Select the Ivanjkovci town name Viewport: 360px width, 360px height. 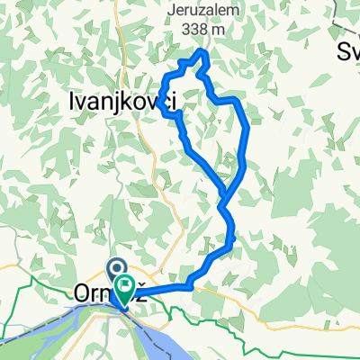[121, 101]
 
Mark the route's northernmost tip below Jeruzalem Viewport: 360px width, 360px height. [202, 55]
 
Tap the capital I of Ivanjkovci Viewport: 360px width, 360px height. [72, 101]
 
